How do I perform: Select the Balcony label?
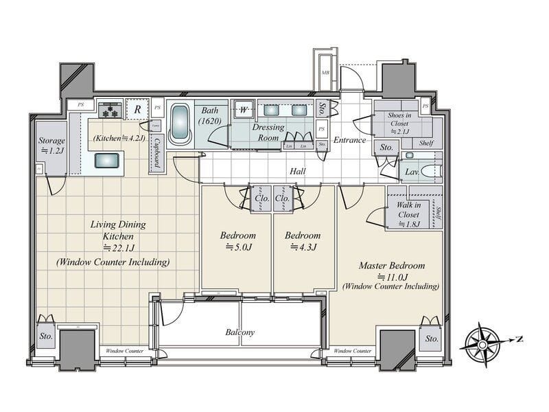pyautogui.click(x=240, y=332)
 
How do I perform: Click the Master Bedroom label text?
pyautogui.click(x=391, y=265)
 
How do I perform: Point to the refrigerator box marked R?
pyautogui.click(x=137, y=109)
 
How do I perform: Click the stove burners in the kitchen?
pyautogui.click(x=110, y=109)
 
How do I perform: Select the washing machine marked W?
pyautogui.click(x=243, y=109)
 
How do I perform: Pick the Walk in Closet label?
pyautogui.click(x=409, y=209)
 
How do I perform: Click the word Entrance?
pyautogui.click(x=349, y=140)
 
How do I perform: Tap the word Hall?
pyautogui.click(x=297, y=171)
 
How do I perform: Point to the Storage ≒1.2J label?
pyautogui.click(x=52, y=146)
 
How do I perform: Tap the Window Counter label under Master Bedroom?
pyautogui.click(x=353, y=351)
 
